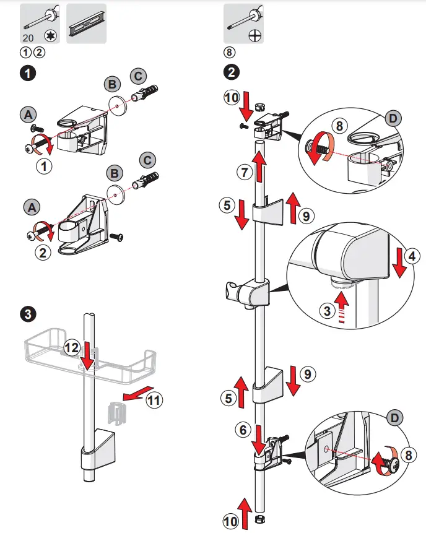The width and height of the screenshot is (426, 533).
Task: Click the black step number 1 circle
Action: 26,72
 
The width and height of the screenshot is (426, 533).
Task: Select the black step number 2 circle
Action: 230,72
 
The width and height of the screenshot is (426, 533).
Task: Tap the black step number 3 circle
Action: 26,314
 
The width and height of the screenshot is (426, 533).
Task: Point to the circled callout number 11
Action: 155,401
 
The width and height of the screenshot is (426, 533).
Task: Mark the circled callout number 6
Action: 245,428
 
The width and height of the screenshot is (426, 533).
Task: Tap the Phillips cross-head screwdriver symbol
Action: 253,37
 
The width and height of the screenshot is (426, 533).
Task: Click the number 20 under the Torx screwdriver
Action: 28,37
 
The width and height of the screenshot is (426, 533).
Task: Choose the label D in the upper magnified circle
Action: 393,116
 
